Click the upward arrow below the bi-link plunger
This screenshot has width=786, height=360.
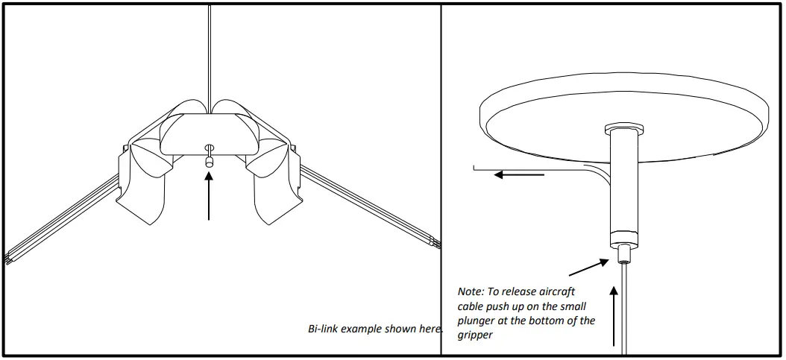pos(210,195)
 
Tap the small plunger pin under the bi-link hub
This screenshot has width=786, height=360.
pos(210,159)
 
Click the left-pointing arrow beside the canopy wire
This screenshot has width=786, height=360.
pos(521,175)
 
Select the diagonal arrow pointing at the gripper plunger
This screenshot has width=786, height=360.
pos(588,266)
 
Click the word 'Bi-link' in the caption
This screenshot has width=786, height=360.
pos(323,329)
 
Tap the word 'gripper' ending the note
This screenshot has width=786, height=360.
pos(474,335)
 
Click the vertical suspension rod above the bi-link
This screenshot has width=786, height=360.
pos(210,52)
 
